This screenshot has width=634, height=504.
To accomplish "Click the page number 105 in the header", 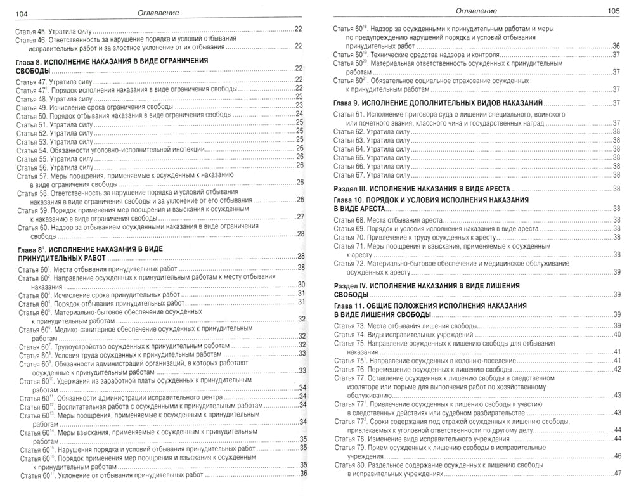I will tap(613, 11).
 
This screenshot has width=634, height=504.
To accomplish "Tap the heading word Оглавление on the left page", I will tap(157, 12).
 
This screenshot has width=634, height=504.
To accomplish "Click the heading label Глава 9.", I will tap(349, 103).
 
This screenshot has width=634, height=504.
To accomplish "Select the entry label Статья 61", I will tap(349, 114).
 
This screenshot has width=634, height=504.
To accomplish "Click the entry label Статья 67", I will tap(349, 175).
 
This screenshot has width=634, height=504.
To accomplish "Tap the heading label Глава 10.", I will tap(351, 200).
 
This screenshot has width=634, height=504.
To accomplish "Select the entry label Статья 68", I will tap(349, 219).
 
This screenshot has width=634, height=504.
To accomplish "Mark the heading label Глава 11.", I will tap(351, 306).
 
